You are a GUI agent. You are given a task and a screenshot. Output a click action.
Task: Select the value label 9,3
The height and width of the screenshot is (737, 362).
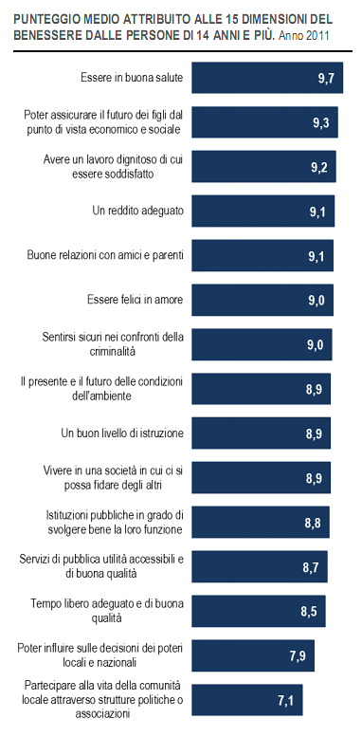(320, 123)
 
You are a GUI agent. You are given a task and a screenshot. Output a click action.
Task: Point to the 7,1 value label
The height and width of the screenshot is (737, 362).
(285, 702)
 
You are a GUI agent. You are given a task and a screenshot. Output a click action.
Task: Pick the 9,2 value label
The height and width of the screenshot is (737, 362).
(318, 168)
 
